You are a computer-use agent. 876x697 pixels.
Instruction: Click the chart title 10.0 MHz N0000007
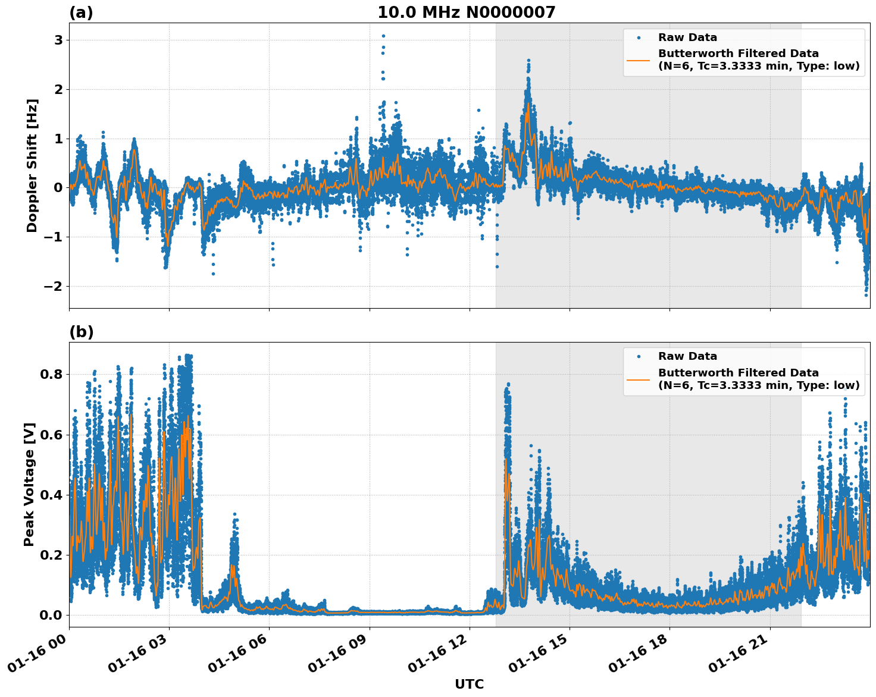(x=466, y=12)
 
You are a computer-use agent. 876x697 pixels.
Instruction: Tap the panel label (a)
(x=81, y=12)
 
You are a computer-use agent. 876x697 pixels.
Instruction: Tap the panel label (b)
(x=81, y=332)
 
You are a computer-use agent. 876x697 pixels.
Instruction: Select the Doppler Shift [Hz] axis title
(x=32, y=165)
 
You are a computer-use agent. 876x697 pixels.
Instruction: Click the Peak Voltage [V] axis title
(x=29, y=484)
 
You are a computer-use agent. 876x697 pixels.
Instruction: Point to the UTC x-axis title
(x=469, y=684)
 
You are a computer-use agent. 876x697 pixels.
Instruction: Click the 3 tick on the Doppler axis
(x=58, y=40)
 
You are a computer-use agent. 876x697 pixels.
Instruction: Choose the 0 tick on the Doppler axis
(x=58, y=188)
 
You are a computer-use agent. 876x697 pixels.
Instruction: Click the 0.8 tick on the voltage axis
(x=51, y=375)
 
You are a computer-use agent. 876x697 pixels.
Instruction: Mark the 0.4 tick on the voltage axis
(x=51, y=495)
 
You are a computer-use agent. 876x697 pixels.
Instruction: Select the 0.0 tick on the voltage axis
(x=51, y=615)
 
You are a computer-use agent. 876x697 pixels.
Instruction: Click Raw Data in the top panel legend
(x=687, y=37)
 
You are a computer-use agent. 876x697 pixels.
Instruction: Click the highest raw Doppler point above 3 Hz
(x=383, y=36)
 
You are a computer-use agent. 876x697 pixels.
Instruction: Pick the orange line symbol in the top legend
(x=639, y=59)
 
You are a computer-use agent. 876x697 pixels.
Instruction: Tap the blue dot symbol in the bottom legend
(x=639, y=356)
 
